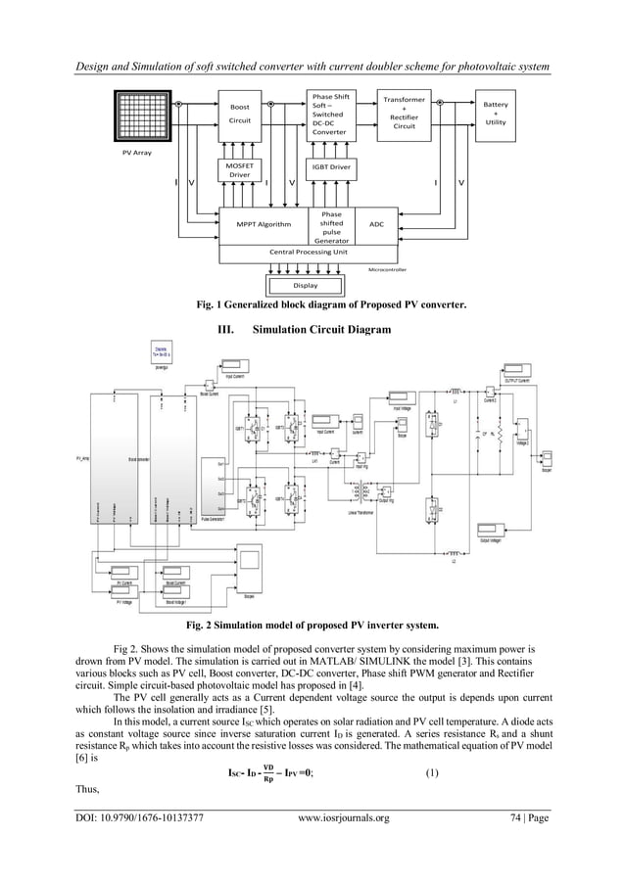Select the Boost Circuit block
[x=240, y=115]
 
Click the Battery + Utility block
[x=501, y=115]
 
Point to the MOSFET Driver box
[x=240, y=171]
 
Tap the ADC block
[x=377, y=224]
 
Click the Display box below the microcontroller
[x=306, y=285]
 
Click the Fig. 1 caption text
[x=331, y=304]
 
